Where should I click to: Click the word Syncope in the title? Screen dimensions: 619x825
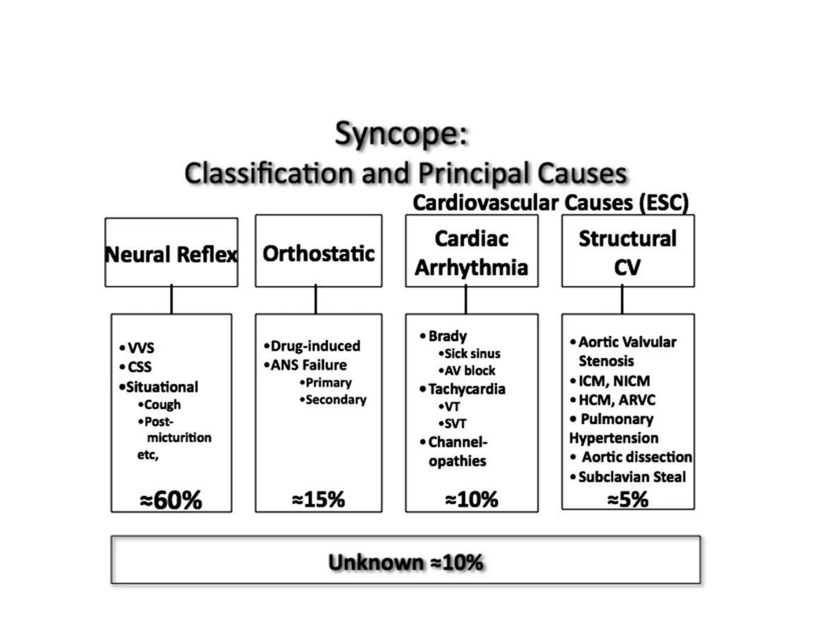tap(401, 134)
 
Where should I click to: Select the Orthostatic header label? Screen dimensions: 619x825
tap(318, 253)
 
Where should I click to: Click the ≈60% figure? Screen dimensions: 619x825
tap(171, 500)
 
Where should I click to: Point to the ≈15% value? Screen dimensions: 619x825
tap(318, 499)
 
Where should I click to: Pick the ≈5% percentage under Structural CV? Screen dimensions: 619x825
tap(628, 499)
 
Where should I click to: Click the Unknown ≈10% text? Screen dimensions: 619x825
tap(405, 562)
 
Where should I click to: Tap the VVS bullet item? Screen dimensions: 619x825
tap(141, 347)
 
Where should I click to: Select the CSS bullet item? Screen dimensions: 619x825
tap(139, 367)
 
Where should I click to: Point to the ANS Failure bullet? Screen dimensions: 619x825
tap(308, 365)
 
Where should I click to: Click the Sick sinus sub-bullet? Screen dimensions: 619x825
tap(472, 354)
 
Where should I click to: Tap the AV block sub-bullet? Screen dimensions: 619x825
tap(469, 371)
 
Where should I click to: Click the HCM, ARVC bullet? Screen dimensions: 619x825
tap(616, 400)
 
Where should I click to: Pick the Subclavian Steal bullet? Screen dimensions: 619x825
tap(631, 477)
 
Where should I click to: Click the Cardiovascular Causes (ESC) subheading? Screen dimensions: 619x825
tap(551, 203)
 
